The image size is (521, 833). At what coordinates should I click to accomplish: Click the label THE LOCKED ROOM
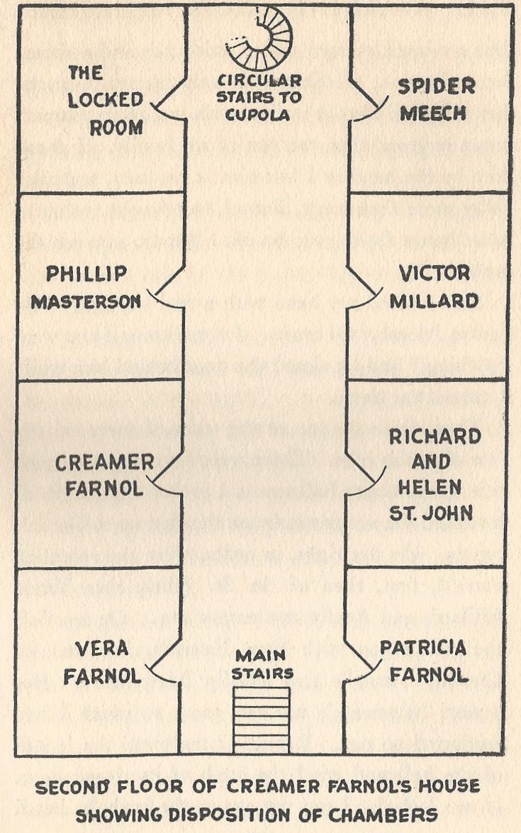[106, 100]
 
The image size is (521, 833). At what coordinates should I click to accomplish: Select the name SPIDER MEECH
[436, 100]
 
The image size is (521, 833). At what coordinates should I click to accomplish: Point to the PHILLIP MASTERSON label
[88, 287]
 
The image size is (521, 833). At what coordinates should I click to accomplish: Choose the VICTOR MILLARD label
[435, 287]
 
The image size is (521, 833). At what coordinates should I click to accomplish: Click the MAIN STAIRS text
[262, 664]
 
